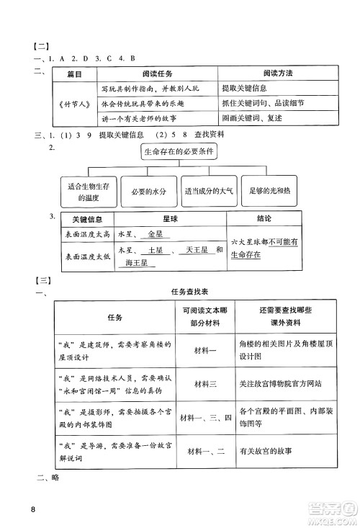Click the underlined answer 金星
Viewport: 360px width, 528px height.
click(x=155, y=234)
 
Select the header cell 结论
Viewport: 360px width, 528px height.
click(x=264, y=219)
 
